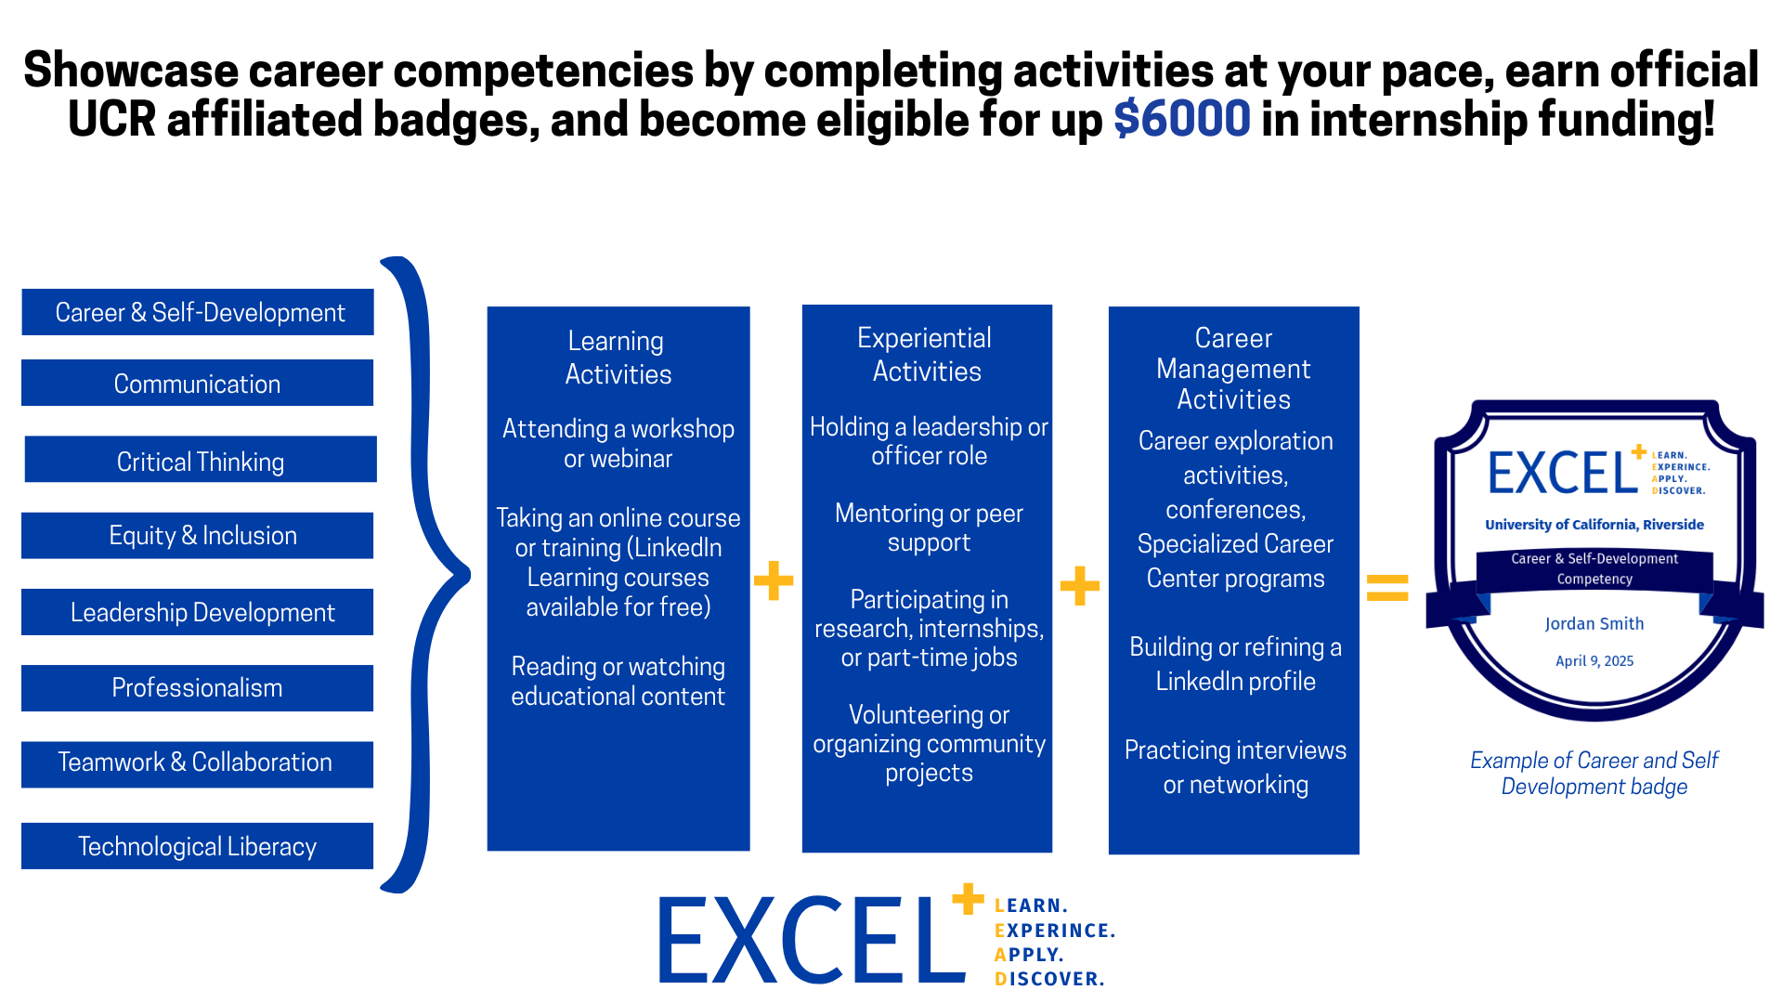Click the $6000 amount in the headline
[1181, 120]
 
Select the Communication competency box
[197, 383]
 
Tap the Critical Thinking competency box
[201, 460]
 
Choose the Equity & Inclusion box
[197, 536]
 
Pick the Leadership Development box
[197, 612]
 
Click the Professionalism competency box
[197, 688]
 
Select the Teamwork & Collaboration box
[197, 764]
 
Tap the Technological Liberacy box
[197, 846]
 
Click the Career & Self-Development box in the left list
[198, 312]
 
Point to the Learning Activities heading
[618, 358]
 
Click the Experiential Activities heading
[926, 355]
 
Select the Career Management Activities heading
[1233, 369]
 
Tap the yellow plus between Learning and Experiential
[774, 580]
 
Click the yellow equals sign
[1387, 588]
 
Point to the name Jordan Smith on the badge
[1594, 624]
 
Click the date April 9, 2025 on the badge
[1594, 661]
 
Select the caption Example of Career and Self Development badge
[1594, 774]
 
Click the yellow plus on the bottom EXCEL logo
[968, 899]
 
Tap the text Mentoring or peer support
[929, 528]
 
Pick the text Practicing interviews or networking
[1235, 767]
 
